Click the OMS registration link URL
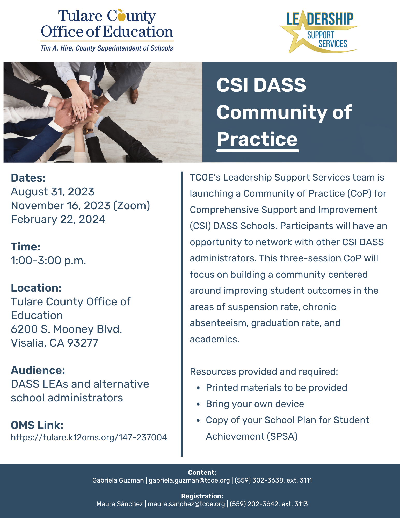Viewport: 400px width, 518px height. pyautogui.click(x=89, y=437)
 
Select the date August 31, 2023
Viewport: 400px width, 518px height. pyautogui.click(x=53, y=192)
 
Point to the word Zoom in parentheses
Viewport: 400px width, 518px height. pyautogui.click(x=132, y=206)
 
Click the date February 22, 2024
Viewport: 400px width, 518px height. pyautogui.click(x=58, y=219)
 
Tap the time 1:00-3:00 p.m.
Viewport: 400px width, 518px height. pyautogui.click(x=48, y=261)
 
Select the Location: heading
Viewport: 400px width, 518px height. pyautogui.click(x=36, y=288)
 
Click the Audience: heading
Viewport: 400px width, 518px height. pyautogui.click(x=38, y=370)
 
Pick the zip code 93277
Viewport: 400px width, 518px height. pyautogui.click(x=83, y=343)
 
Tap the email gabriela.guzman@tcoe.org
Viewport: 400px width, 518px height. pyautogui.click(x=189, y=480)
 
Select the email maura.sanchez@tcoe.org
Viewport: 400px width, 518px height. pyautogui.click(x=186, y=504)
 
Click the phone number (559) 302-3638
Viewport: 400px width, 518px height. pyautogui.click(x=259, y=480)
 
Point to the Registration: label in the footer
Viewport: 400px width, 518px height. pyautogui.click(x=202, y=496)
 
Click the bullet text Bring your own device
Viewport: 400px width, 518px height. pyautogui.click(x=255, y=404)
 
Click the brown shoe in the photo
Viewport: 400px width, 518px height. pyautogui.click(x=134, y=95)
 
